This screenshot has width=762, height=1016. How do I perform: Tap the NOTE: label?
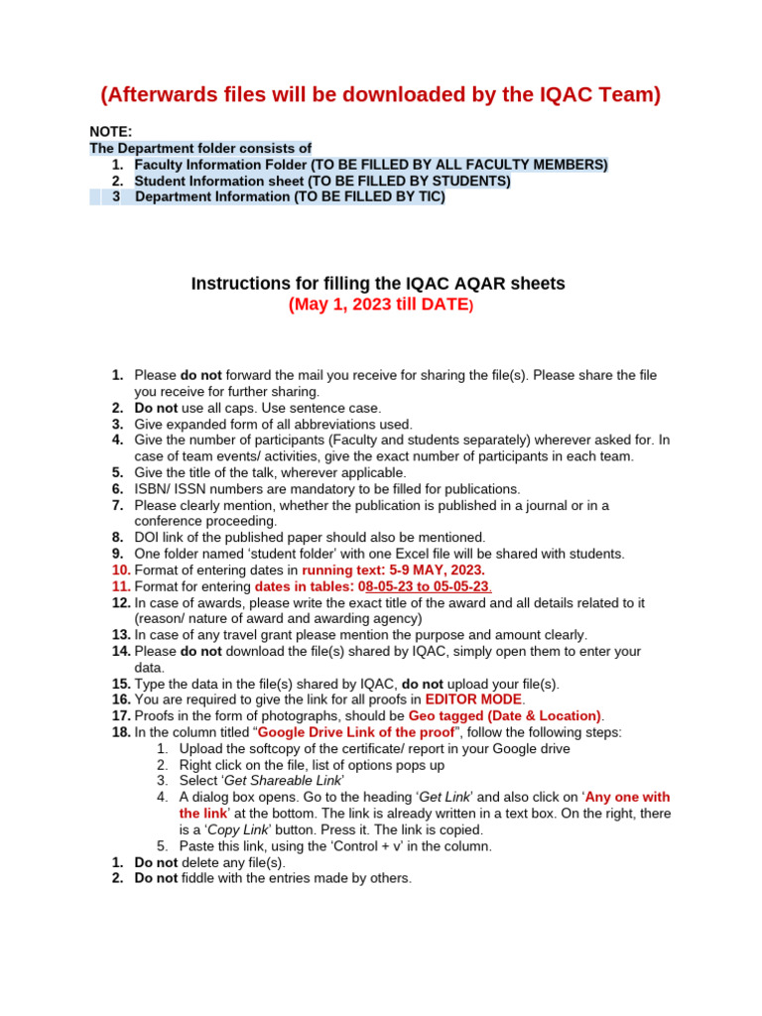click(111, 131)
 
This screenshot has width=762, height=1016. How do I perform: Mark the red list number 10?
click(120, 571)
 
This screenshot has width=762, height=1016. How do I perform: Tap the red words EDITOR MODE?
click(473, 699)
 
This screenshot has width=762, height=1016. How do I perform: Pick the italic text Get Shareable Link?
click(283, 781)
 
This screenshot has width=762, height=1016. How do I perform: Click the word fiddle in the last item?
click(199, 878)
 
